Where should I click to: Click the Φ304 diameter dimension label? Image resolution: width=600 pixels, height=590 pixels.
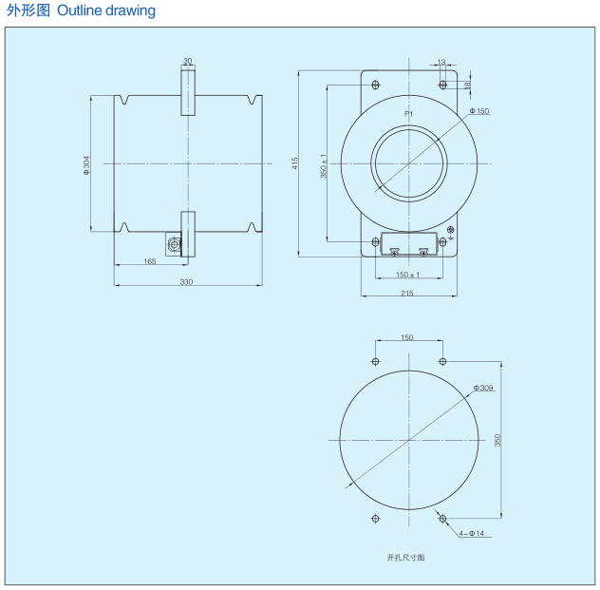[86, 163]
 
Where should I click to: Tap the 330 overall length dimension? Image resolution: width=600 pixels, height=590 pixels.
[186, 282]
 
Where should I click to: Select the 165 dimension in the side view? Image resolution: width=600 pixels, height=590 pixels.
[150, 261]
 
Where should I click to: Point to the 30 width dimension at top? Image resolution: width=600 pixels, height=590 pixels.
[187, 61]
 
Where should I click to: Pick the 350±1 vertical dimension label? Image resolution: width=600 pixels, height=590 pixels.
[325, 167]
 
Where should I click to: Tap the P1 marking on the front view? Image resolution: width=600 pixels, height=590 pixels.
[408, 114]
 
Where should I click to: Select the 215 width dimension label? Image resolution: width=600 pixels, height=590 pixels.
[407, 294]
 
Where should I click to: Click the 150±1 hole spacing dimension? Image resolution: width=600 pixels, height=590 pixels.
[407, 276]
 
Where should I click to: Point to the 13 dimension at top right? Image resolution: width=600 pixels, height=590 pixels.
[441, 63]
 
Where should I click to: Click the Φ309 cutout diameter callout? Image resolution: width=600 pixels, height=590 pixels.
[483, 388]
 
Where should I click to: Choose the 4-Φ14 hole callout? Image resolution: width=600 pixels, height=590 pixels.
[471, 534]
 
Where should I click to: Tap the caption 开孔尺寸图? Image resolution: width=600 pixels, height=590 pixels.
[405, 557]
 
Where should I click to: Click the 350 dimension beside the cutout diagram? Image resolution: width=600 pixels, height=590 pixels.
[498, 440]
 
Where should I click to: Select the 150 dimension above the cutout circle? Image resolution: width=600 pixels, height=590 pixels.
[407, 337]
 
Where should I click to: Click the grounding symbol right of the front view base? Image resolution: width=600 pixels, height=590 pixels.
[451, 233]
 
